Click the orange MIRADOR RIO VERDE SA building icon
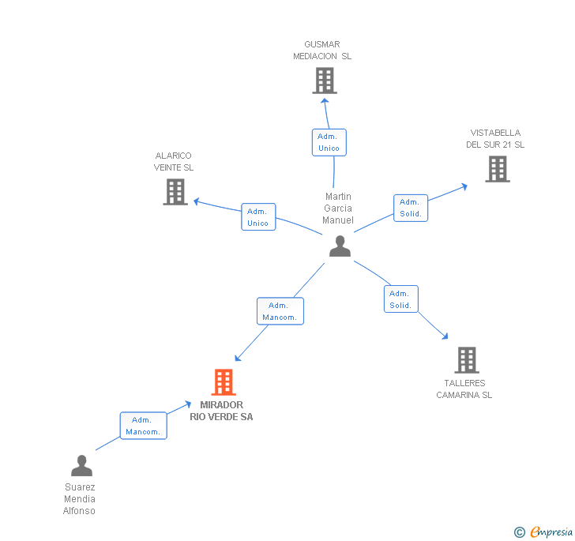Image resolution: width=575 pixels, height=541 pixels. coord(224,381)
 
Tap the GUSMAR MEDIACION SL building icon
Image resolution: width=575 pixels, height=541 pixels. coord(325,81)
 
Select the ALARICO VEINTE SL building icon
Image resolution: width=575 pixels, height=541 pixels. coord(175,192)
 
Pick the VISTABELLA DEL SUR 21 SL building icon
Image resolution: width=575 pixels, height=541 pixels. coord(498,169)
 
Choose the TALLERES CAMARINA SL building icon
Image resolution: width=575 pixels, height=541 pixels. coord(467,360)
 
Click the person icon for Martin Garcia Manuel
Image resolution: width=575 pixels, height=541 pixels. coord(340,246)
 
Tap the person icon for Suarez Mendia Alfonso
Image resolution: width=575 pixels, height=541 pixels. coord(81,465)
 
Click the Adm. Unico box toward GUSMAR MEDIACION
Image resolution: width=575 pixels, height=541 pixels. coord(329,142)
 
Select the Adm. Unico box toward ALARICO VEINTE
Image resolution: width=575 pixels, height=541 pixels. coord(258,216)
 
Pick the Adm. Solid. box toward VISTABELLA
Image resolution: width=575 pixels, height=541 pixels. coord(411,208)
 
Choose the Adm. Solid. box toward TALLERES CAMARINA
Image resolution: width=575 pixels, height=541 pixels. coord(400,299)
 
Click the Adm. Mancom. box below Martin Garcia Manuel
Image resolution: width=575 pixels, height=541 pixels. coord(280,311)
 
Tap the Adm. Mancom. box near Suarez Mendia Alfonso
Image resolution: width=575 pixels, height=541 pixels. coord(144,426)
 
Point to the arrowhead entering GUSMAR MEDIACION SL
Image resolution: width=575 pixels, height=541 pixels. coord(325,101)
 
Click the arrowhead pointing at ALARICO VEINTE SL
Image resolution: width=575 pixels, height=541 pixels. coord(197,201)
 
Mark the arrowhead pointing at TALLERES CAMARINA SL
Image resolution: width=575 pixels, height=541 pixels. coord(445,336)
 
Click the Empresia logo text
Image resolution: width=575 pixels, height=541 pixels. coord(551,532)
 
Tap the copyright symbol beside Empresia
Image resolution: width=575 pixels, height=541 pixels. coord(519,532)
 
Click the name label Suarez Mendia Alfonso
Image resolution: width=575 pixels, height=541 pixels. coord(79,499)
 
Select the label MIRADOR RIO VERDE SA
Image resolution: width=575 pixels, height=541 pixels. coord(221,411)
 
